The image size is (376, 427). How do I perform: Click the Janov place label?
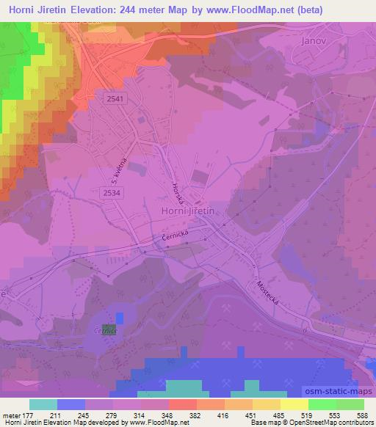[x=314, y=41]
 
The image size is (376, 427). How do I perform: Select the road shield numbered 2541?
[x=115, y=99]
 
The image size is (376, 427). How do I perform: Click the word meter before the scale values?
[x=13, y=415]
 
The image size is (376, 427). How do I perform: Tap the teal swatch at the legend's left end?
[x=43, y=404]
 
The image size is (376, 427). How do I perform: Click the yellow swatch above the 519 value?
[x=294, y=404]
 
